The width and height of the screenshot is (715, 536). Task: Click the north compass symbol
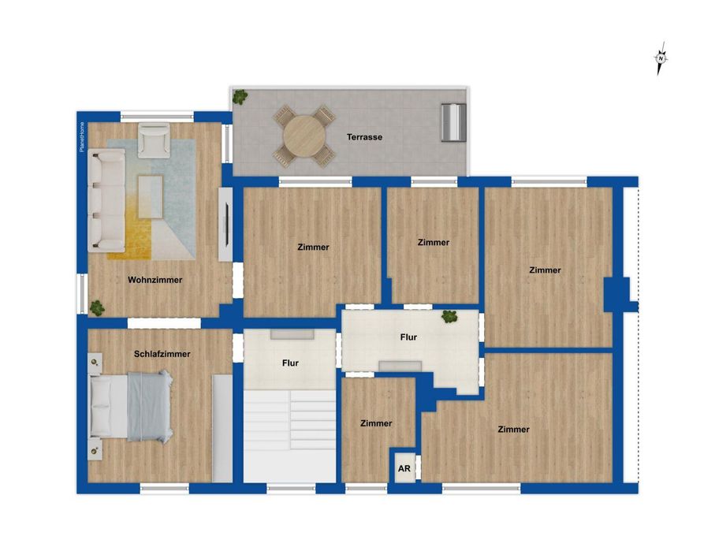(661, 59)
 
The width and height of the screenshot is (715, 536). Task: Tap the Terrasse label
(364, 137)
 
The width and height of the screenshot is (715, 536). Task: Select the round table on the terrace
(304, 136)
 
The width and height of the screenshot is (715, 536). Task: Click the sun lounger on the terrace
(453, 122)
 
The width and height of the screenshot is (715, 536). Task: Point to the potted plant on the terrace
(240, 98)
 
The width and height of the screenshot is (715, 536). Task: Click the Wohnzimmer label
(155, 280)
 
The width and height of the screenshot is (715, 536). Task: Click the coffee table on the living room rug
(150, 195)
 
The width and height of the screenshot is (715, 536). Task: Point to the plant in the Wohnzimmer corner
(96, 307)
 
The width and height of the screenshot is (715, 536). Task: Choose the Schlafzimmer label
(162, 355)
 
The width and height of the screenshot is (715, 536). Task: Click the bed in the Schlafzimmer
(130, 406)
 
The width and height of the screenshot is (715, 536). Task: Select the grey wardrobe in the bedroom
(222, 428)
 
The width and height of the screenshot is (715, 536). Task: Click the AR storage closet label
(404, 468)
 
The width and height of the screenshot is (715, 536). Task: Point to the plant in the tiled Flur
(449, 317)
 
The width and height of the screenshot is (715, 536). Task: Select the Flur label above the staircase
(290, 364)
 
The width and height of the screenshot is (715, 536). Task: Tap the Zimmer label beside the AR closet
(376, 424)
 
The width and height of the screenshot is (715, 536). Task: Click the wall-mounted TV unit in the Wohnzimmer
(225, 224)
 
